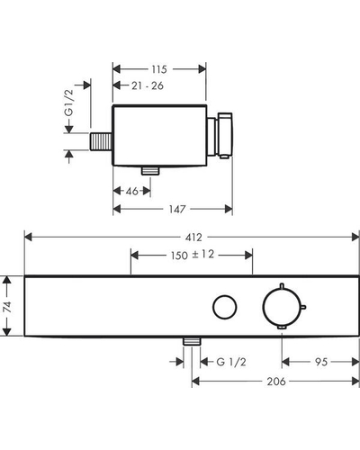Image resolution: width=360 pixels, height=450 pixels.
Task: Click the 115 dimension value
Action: [x=159, y=69]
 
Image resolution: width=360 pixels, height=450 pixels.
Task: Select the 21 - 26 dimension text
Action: [x=148, y=85]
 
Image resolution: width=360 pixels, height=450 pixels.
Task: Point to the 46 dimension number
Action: [x=132, y=191]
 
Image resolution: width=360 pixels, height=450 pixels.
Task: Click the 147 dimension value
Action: [x=177, y=209]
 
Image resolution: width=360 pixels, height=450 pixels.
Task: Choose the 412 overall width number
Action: [x=193, y=238]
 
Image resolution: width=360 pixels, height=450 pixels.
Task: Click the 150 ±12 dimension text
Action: [x=193, y=255]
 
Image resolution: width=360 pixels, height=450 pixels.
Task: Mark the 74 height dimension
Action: [x=7, y=307]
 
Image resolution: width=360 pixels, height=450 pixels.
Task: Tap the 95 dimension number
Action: [x=321, y=362]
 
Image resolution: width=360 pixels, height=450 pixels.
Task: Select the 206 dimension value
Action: [x=276, y=382]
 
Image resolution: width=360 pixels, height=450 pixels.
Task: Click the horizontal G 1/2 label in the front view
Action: [x=231, y=362]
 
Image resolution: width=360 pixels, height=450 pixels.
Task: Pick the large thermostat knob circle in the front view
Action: [x=263, y=307]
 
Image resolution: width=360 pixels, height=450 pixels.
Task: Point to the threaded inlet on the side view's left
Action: [x=101, y=141]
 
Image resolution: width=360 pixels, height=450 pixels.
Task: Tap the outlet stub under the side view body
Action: [x=150, y=171]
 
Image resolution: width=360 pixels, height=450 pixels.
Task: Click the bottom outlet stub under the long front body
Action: [x=192, y=341]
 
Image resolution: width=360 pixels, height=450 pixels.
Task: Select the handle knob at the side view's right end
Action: [x=225, y=135]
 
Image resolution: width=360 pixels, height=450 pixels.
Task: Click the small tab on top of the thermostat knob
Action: [x=282, y=285]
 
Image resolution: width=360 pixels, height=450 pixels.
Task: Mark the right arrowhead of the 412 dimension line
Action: [x=355, y=238]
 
